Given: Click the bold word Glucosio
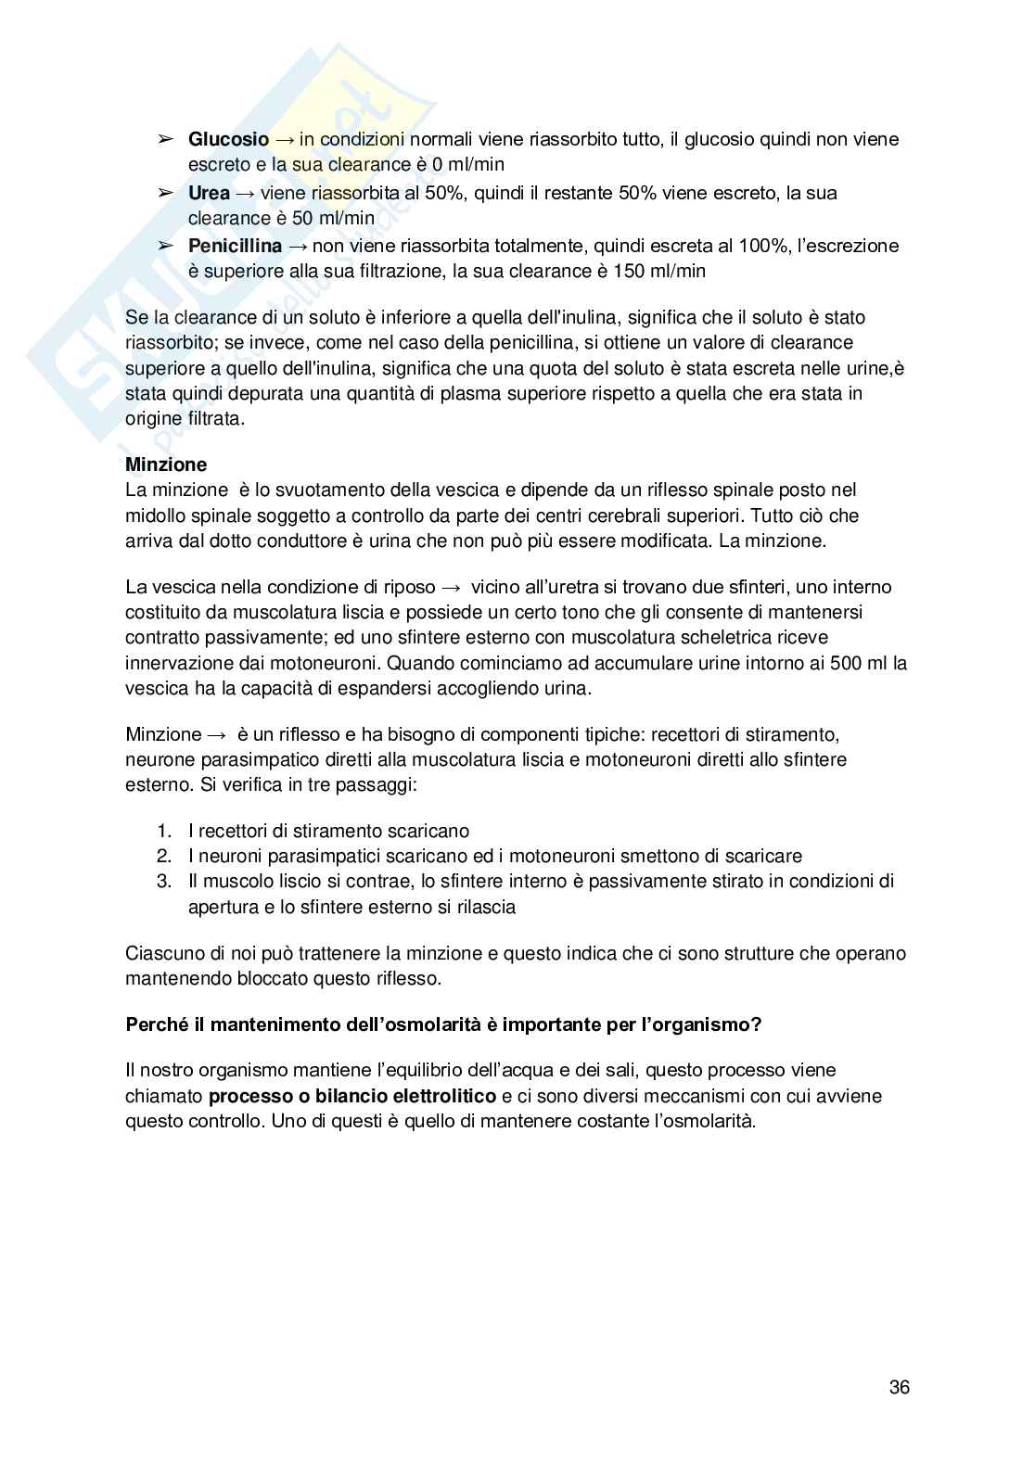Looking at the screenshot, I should (228, 140).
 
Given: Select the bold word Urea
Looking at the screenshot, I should (209, 194).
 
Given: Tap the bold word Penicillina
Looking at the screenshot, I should (235, 247).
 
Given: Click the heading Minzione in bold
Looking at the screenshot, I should (166, 464).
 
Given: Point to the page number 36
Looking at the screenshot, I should (899, 1388).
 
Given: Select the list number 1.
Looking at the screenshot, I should (164, 832).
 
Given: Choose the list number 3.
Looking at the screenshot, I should (164, 882).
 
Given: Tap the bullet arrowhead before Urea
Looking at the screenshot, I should (165, 194).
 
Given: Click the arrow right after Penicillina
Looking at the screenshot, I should (299, 247).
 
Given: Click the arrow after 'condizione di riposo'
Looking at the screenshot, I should (452, 588).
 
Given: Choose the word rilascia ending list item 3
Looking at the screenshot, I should (484, 907).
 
